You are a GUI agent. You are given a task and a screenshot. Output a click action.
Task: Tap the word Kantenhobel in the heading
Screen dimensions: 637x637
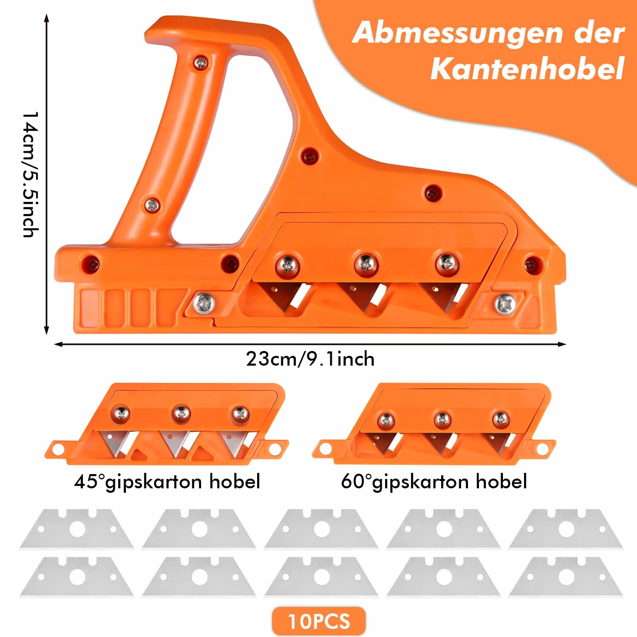tap(527, 69)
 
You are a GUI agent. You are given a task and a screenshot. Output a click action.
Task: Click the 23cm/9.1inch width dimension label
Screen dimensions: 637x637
tap(310, 359)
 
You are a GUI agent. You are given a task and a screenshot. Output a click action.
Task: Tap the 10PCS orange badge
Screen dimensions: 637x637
tap(319, 621)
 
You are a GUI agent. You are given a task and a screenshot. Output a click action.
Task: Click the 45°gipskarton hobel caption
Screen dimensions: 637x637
tap(167, 482)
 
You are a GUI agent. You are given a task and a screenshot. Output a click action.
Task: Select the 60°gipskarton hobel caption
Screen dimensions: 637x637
tap(434, 482)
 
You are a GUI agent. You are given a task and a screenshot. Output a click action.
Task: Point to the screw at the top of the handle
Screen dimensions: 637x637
tap(200, 63)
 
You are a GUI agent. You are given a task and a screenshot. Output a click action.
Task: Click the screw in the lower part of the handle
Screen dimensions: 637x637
tap(152, 205)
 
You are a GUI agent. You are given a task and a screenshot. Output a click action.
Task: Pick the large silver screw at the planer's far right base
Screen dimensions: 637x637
tap(506, 304)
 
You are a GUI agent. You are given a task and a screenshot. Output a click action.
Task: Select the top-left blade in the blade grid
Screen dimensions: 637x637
tap(77, 529)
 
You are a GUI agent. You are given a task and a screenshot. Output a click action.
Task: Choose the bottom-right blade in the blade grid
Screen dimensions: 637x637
tap(566, 576)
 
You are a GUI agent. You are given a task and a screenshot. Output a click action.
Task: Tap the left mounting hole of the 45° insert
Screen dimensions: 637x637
tap(58, 449)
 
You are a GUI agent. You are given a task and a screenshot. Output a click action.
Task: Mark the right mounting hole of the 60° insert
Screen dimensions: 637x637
tap(542, 449)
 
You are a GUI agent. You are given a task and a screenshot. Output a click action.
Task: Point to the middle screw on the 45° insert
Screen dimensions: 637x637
tap(181, 414)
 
